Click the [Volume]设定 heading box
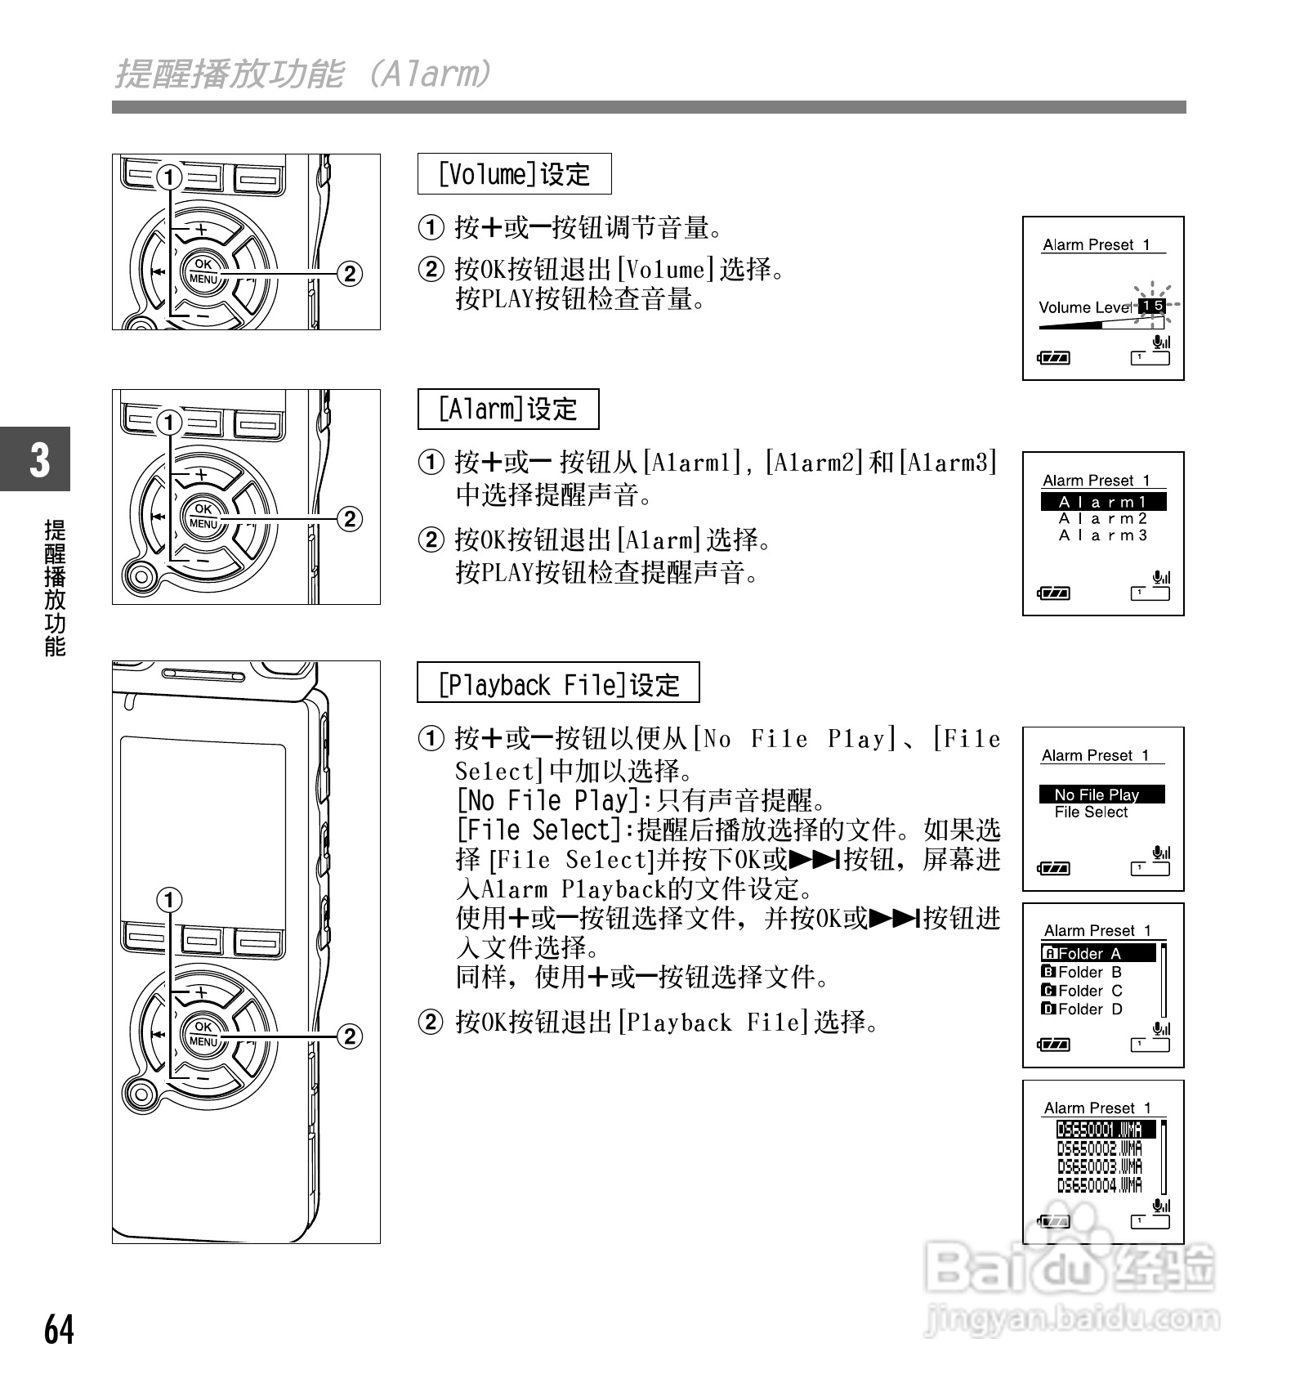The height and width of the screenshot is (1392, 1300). [514, 174]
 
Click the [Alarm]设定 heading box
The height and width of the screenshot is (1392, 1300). [507, 409]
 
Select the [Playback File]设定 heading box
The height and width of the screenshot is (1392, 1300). [558, 683]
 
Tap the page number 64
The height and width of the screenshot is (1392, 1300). [59, 1329]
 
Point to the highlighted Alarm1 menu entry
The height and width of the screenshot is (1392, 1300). [1103, 502]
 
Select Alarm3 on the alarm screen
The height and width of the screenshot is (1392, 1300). [1103, 536]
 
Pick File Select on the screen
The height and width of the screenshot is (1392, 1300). [1091, 812]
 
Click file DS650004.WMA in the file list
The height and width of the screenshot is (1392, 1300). [1099, 1185]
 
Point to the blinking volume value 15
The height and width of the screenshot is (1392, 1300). [1152, 306]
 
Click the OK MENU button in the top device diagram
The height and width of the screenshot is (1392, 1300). [203, 271]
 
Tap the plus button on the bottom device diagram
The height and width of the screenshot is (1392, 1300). [200, 991]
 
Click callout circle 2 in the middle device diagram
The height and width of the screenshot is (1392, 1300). [350, 519]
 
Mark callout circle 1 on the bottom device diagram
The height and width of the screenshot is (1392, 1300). [169, 900]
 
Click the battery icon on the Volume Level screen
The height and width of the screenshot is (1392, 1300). [1054, 357]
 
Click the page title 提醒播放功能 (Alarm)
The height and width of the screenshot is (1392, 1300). [302, 74]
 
